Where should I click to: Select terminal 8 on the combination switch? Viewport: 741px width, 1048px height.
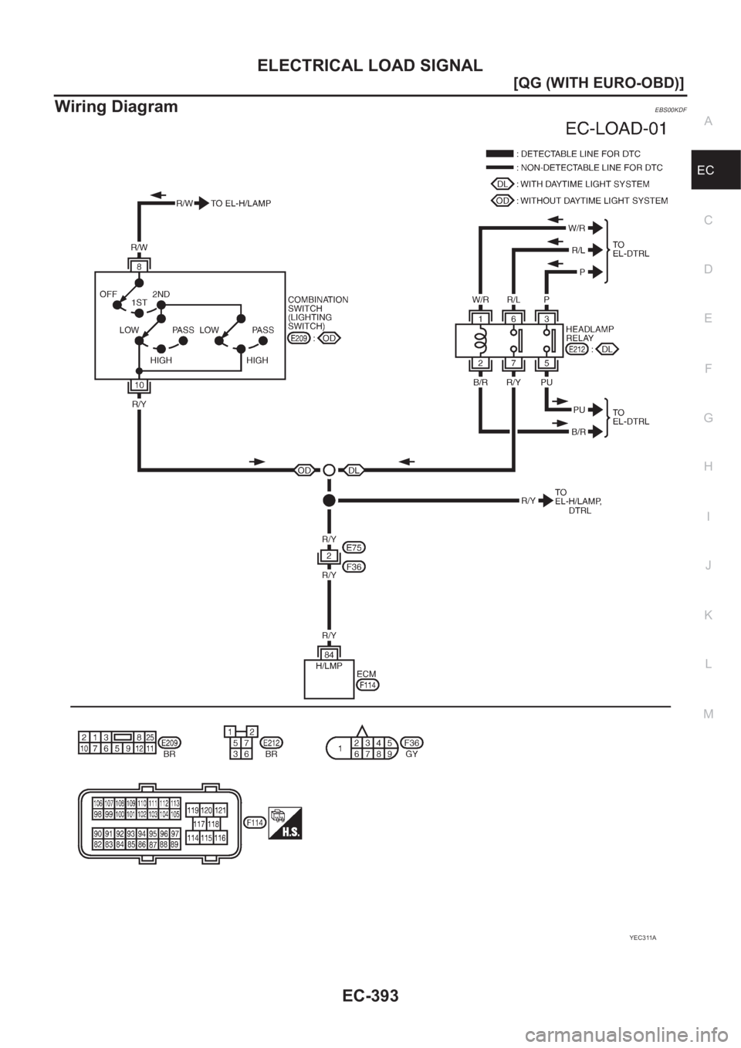[138, 265]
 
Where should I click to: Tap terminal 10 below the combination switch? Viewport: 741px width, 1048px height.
[138, 385]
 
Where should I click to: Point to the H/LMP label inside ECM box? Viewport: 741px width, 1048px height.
[329, 665]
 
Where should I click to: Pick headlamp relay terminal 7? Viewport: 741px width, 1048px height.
[514, 363]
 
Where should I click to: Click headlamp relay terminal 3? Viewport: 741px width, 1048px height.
[546, 319]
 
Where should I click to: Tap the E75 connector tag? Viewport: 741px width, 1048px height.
[355, 547]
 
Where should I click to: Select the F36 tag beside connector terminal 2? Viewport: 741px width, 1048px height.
[355, 566]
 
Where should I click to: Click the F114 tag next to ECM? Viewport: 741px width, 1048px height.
[368, 685]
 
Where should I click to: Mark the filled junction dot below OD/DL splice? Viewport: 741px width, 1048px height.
[329, 500]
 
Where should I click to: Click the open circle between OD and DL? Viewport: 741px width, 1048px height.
[329, 469]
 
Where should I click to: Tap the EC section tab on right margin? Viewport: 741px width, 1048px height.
[715, 170]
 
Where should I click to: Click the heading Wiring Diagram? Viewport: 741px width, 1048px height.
[116, 106]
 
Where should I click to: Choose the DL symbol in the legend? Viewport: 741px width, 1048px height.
[502, 184]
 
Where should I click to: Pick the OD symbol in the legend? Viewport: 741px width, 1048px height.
[502, 201]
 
